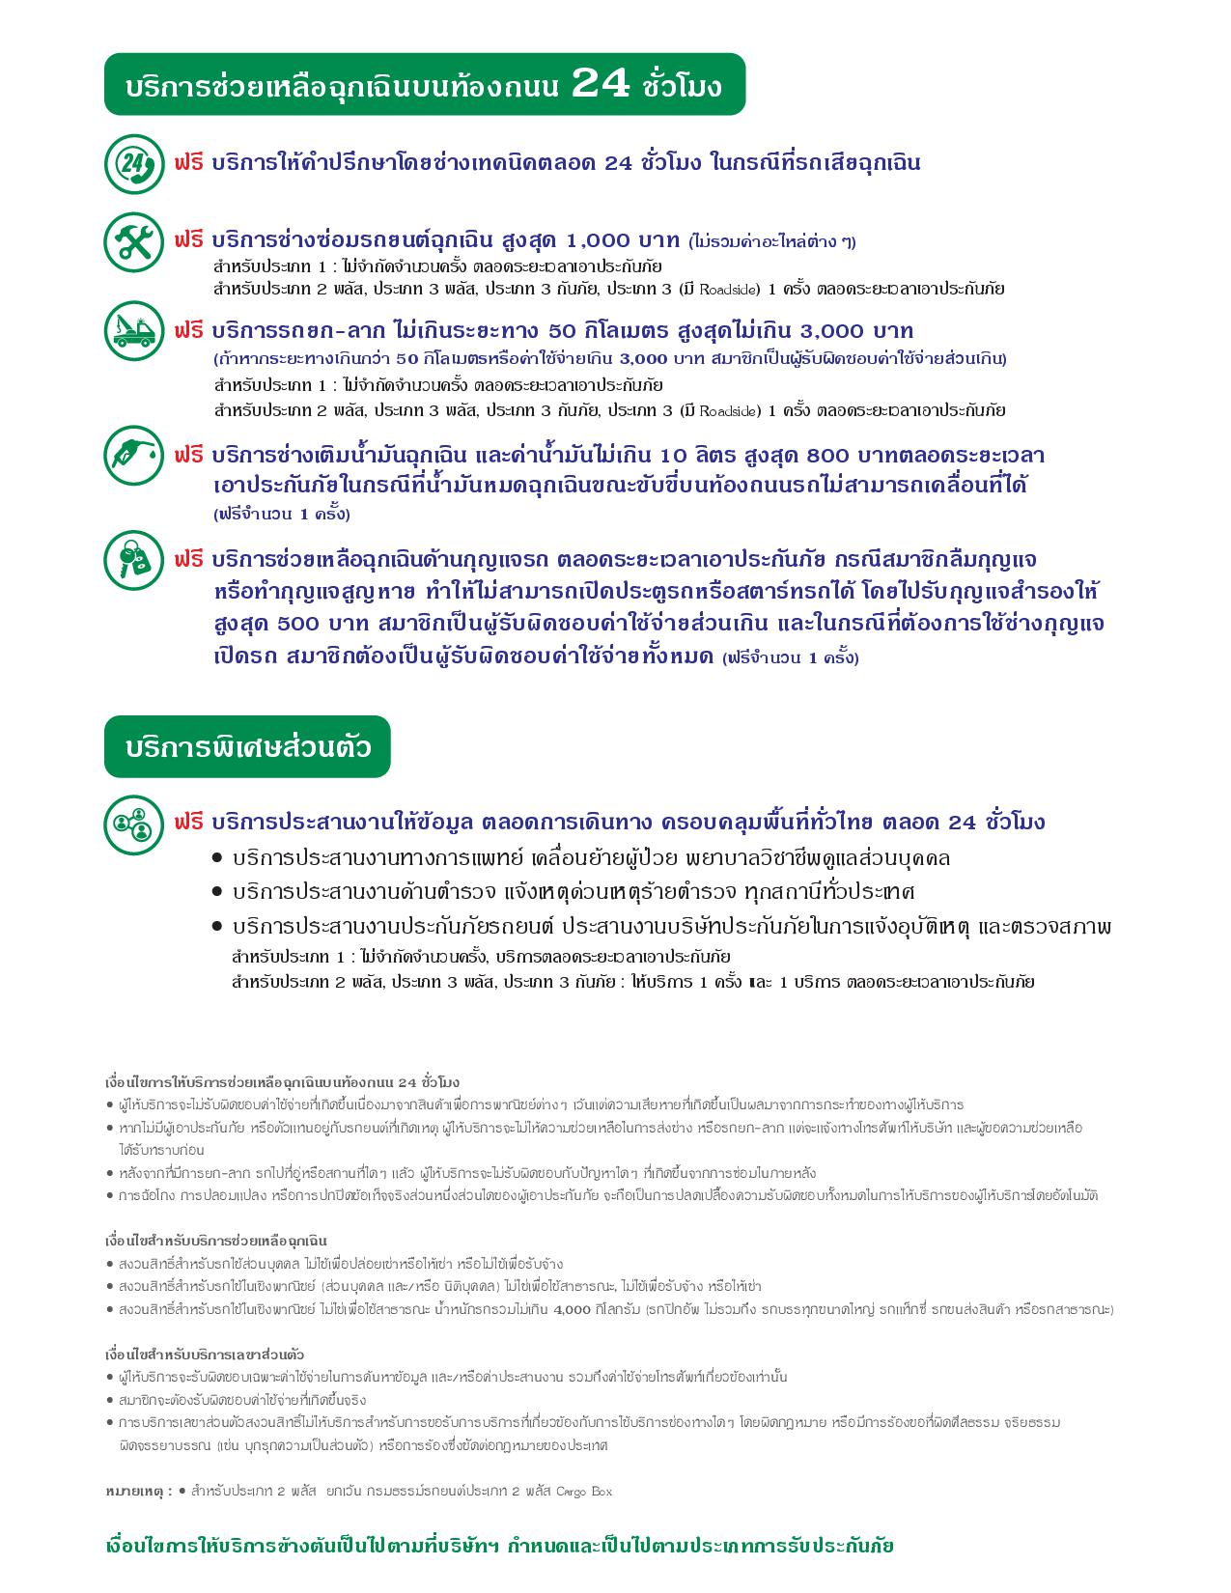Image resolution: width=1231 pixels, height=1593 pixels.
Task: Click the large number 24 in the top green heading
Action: point(601,85)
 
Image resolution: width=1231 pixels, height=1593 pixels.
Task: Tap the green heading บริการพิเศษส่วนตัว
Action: point(247,747)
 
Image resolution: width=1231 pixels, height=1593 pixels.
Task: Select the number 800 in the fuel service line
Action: point(826,455)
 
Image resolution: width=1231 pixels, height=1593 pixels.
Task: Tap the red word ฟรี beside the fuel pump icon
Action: point(189,455)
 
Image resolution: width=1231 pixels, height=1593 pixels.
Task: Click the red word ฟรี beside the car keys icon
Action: point(189,560)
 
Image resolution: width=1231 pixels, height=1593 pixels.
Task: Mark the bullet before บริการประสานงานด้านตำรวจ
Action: point(217,892)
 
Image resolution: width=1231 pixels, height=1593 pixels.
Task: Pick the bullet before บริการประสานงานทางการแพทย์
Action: point(217,858)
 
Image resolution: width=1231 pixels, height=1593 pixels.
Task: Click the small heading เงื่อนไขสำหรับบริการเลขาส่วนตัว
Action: point(205,1355)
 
